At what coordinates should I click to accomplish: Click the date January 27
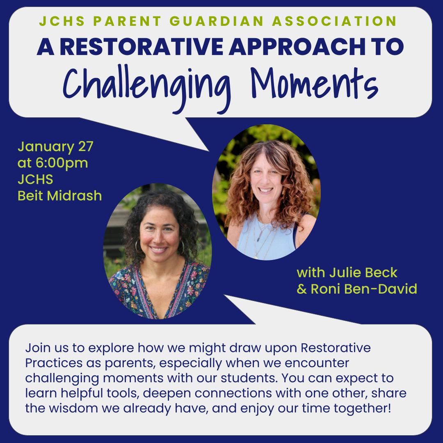pyautogui.click(x=55, y=146)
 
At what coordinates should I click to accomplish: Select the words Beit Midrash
pyautogui.click(x=59, y=196)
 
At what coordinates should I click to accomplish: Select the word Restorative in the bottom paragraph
pyautogui.click(x=336, y=348)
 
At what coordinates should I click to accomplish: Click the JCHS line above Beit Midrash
pyautogui.click(x=35, y=179)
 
